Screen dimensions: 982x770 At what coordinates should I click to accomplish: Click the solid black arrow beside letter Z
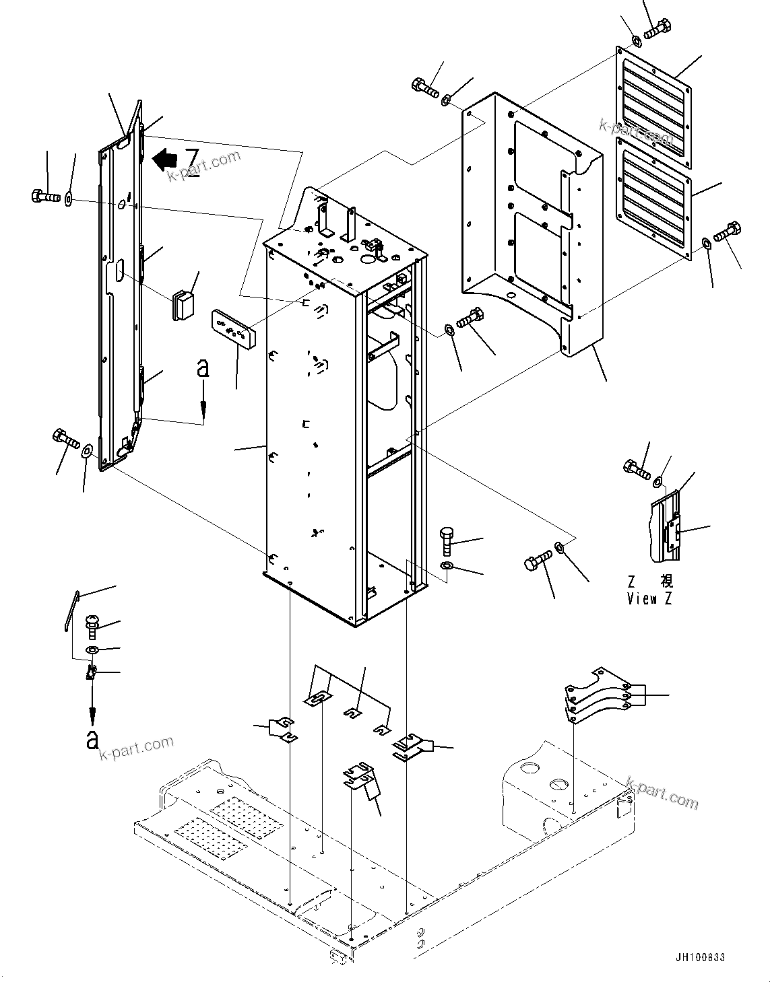[165, 159]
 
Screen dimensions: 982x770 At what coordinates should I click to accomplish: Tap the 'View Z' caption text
[649, 598]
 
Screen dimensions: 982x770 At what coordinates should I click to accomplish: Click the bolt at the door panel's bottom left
[65, 440]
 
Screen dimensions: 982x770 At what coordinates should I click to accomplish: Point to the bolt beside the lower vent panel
[728, 232]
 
